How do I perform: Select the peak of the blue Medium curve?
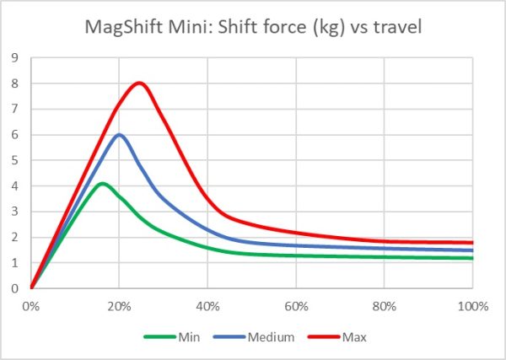tap(120, 135)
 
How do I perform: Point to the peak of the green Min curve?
tap(102, 183)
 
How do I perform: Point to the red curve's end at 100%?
tap(472, 243)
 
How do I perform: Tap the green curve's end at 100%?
tap(472, 258)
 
